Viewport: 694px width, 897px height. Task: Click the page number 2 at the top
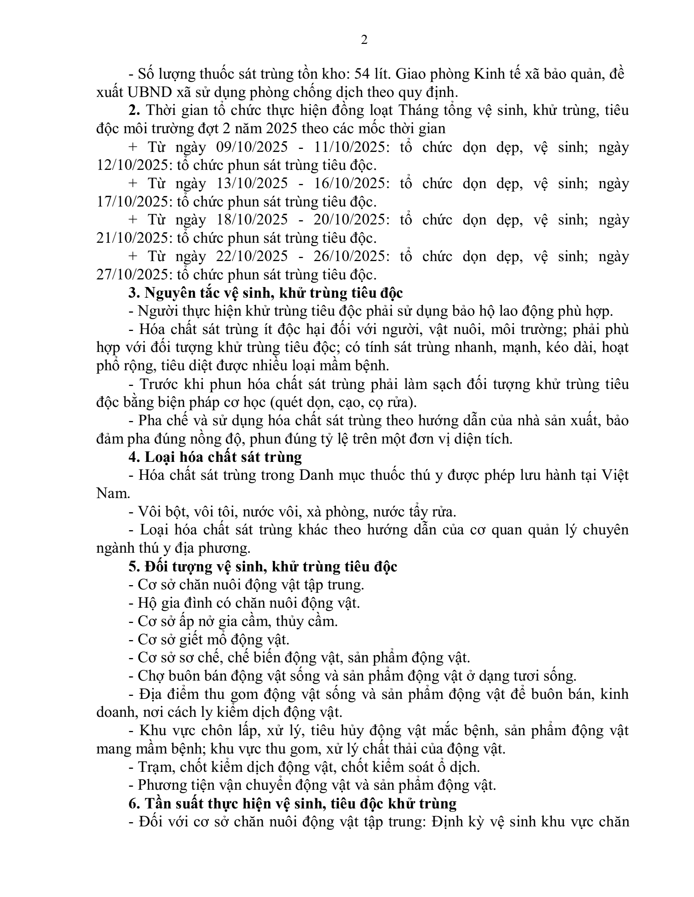pyautogui.click(x=364, y=40)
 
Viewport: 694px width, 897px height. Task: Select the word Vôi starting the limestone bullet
pyautogui.click(x=148, y=512)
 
